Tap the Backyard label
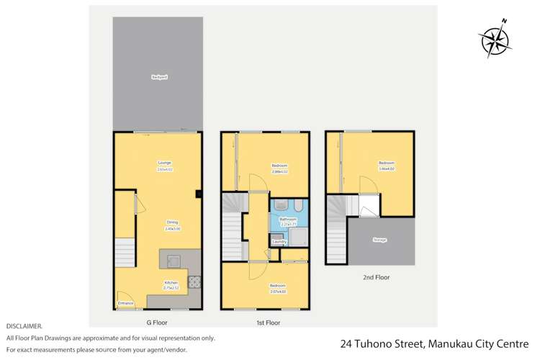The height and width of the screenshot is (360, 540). (x=158, y=76)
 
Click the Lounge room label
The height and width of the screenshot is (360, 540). (x=164, y=163)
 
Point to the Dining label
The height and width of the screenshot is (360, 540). (x=171, y=222)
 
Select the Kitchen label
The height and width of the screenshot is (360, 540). (x=171, y=283)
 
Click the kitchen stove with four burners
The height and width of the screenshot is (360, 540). (x=195, y=282)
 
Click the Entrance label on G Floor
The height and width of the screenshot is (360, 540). (x=125, y=304)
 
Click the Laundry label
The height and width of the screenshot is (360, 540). (x=279, y=242)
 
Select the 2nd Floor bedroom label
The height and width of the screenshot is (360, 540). (x=387, y=163)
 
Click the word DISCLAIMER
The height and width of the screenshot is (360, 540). (x=23, y=326)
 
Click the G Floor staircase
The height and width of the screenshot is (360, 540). (x=124, y=252)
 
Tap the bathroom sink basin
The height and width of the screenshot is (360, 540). (x=280, y=203)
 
